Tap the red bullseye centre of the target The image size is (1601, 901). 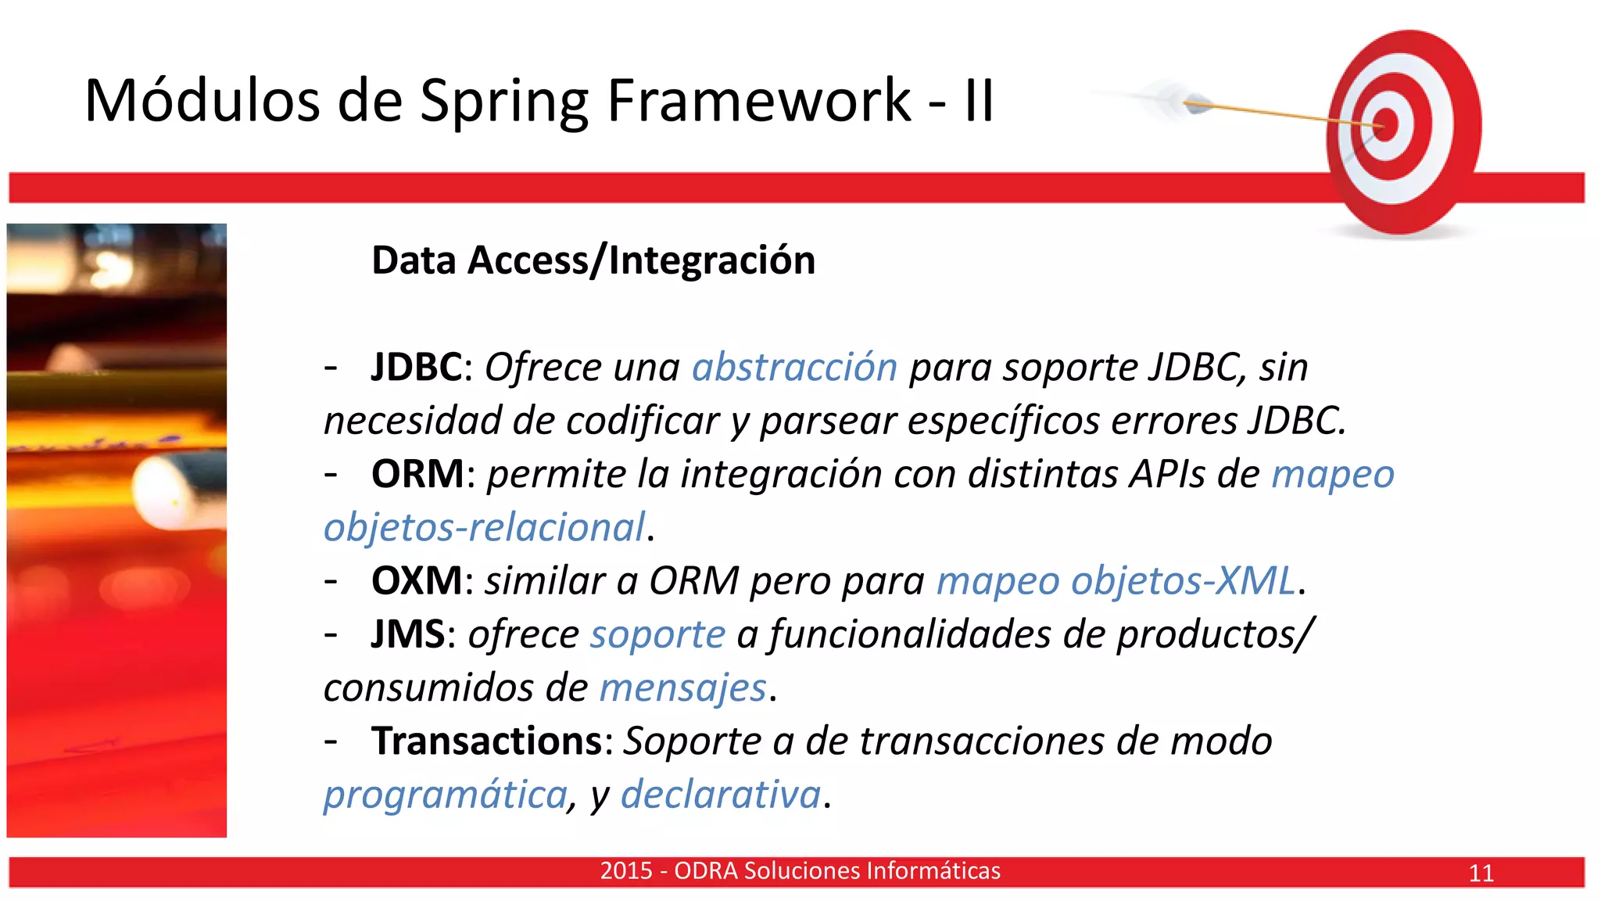[x=1385, y=125]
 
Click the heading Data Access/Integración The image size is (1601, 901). [x=593, y=260]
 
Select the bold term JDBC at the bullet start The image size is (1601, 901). [x=417, y=367]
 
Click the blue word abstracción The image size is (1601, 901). [x=794, y=367]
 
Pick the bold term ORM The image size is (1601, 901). [x=417, y=474]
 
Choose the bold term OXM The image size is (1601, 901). [x=417, y=580]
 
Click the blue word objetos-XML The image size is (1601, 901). [x=1183, y=580]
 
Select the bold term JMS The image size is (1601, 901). [x=407, y=634]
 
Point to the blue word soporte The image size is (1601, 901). [x=657, y=634]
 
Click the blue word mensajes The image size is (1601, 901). [x=682, y=687]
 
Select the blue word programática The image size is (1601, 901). [x=446, y=795]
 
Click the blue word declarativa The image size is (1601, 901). [x=721, y=795]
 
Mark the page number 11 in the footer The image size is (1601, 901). [x=1481, y=873]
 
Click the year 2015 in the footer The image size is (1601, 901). [x=625, y=870]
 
